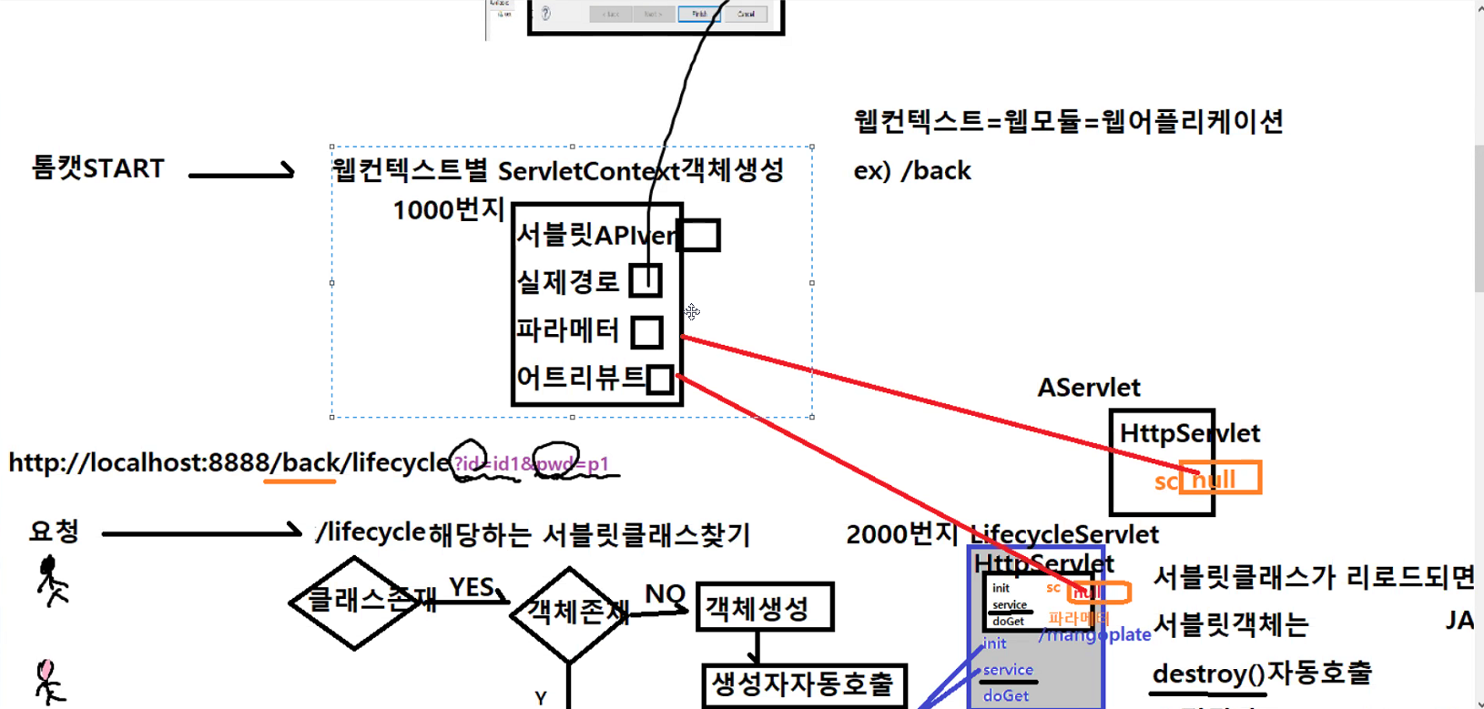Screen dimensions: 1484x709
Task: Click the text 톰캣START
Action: pyautogui.click(x=98, y=168)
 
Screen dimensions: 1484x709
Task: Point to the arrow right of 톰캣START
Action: pyautogui.click(x=241, y=172)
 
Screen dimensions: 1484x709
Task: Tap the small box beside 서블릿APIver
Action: pyautogui.click(x=699, y=235)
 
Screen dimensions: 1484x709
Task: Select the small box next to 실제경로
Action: pyautogui.click(x=645, y=280)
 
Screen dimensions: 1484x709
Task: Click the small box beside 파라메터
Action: pyautogui.click(x=646, y=331)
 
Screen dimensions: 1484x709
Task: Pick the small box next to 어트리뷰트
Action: pyautogui.click(x=660, y=379)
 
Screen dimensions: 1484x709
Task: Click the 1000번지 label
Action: pyautogui.click(x=448, y=210)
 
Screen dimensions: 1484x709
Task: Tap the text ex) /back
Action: pyautogui.click(x=912, y=171)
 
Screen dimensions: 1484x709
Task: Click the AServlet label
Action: pyautogui.click(x=1089, y=388)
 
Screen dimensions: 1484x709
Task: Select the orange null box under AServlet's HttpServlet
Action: pyautogui.click(x=1220, y=478)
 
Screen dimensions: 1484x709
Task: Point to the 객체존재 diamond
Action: pyautogui.click(x=570, y=613)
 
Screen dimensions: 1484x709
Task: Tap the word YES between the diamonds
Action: pyautogui.click(x=472, y=587)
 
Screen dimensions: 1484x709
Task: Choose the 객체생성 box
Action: pyautogui.click(x=765, y=607)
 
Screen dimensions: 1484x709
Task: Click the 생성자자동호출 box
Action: pyautogui.click(x=805, y=684)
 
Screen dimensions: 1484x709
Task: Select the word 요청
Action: pyautogui.click(x=55, y=531)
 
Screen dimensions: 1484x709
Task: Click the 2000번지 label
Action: pyautogui.click(x=902, y=534)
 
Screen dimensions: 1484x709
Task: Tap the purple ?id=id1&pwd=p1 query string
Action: pyautogui.click(x=532, y=464)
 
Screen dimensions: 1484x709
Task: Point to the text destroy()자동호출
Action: pyautogui.click(x=1261, y=674)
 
